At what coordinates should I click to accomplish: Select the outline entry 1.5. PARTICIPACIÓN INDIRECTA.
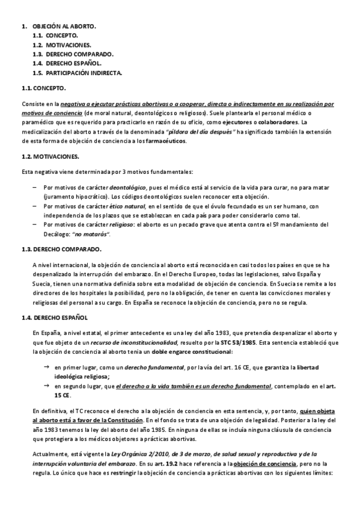pyautogui.click(x=78, y=72)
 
